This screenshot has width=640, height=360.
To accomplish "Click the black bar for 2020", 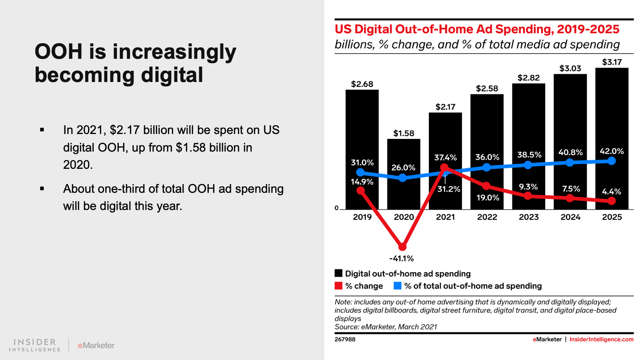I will (x=404, y=192).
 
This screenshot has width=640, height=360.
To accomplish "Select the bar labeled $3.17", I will (x=612, y=112).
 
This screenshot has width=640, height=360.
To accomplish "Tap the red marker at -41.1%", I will (x=402, y=247).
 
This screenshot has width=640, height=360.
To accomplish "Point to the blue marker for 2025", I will (x=612, y=161).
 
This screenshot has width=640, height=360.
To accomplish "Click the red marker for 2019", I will (x=361, y=190).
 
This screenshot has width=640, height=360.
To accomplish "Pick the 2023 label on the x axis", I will (x=528, y=217).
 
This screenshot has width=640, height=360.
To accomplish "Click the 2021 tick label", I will (x=445, y=217).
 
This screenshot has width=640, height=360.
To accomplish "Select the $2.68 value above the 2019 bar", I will (x=362, y=84).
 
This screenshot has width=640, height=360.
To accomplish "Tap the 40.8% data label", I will (x=570, y=152).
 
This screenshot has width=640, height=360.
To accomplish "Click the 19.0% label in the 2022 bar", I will (x=488, y=198).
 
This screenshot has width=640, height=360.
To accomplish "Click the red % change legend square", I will (x=339, y=286).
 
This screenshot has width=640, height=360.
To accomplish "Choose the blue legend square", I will (x=398, y=286).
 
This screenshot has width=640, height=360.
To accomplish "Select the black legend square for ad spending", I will (x=339, y=273).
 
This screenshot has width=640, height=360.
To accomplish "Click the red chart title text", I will (x=477, y=29).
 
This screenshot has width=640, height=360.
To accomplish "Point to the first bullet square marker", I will (x=42, y=130).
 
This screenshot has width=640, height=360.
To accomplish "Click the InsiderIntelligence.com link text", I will (x=601, y=339).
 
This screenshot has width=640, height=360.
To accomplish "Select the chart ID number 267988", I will (x=345, y=339).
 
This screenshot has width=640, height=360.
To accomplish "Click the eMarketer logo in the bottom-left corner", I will (x=96, y=345).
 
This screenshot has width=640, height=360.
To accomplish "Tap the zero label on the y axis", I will (x=336, y=208).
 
